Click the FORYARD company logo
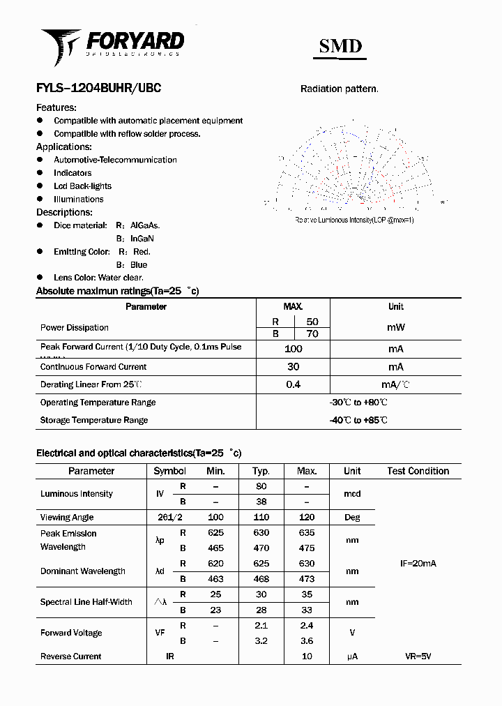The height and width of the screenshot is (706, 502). click(x=112, y=43)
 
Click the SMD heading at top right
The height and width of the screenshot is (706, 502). click(x=340, y=46)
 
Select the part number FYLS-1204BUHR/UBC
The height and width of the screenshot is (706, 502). click(x=98, y=89)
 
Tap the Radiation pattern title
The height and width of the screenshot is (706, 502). click(x=339, y=89)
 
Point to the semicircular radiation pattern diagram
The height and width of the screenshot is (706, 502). click(x=355, y=167)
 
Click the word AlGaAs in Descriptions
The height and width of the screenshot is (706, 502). click(x=145, y=225)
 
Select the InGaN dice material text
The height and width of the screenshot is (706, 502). click(x=142, y=239)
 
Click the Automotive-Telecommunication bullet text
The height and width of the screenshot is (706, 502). click(x=115, y=160)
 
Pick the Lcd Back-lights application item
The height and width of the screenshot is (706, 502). click(x=82, y=186)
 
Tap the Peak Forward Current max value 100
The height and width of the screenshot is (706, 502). click(x=293, y=349)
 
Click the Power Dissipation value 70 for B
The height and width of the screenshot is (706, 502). click(x=312, y=334)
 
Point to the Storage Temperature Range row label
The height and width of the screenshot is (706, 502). click(x=94, y=420)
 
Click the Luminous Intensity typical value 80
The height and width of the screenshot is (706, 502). click(x=261, y=486)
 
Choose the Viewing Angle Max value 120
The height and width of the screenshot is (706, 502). click(x=307, y=518)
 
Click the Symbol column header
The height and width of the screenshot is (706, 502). click(x=169, y=471)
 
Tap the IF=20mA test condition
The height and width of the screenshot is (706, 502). click(x=418, y=563)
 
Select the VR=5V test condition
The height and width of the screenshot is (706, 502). click(x=418, y=656)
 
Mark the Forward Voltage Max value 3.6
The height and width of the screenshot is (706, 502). click(x=307, y=640)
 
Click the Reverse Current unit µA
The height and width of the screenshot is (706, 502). click(x=351, y=656)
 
